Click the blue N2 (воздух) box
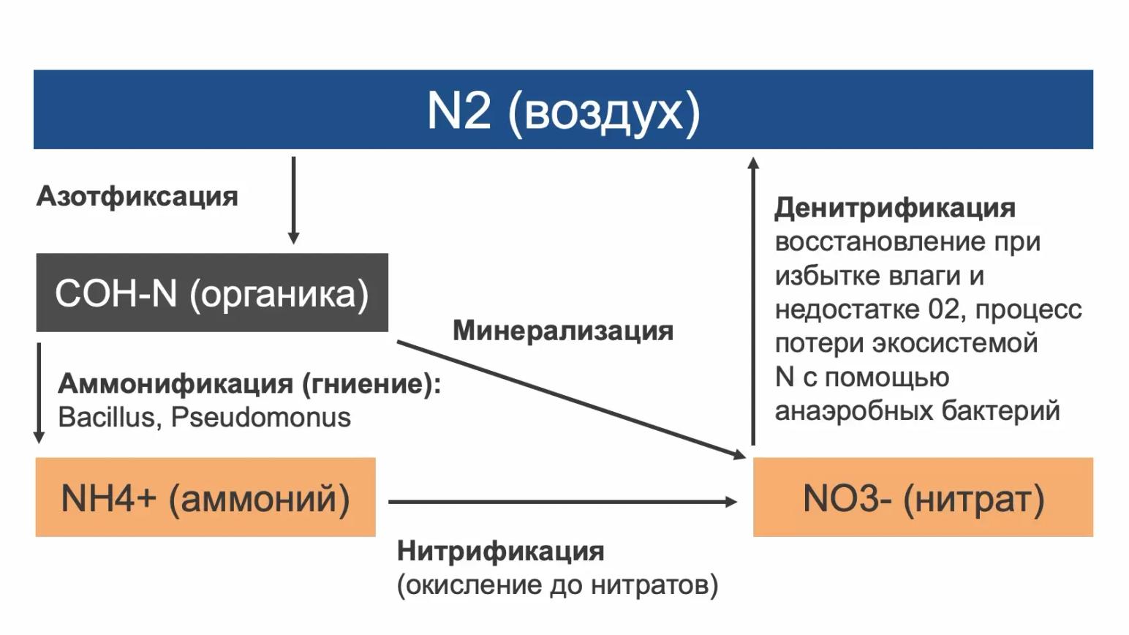point(563,110)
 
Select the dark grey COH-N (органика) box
point(212,293)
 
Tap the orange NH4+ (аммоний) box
point(205,497)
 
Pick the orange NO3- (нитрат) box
point(923,497)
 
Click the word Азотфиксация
point(137,196)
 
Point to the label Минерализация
point(563,331)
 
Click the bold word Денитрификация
point(895,208)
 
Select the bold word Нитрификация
point(501,551)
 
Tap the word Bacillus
point(109,417)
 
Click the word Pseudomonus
point(261,417)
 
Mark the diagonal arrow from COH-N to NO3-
point(570,399)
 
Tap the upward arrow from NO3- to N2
point(753,300)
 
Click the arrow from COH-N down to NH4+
point(39,392)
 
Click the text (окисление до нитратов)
point(557,585)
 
